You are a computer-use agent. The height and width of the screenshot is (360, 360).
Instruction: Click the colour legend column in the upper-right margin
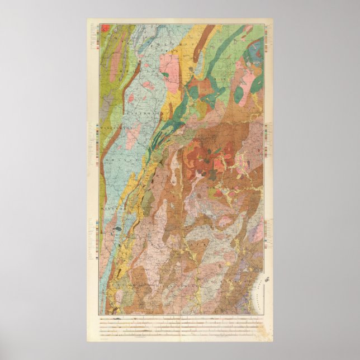click(268, 42)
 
